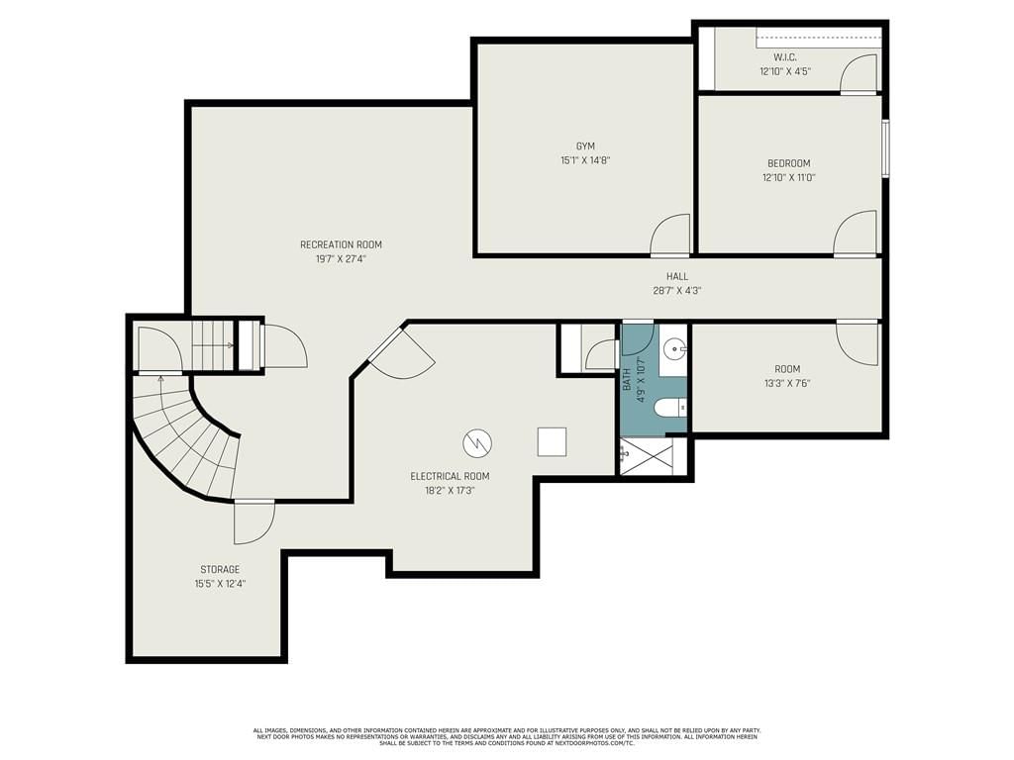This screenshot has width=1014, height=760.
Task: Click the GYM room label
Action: [x=585, y=146]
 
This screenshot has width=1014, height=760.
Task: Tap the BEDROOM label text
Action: [x=788, y=163]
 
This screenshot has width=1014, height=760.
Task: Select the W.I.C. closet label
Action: [x=785, y=57]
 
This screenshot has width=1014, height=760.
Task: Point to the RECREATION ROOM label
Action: [x=341, y=245]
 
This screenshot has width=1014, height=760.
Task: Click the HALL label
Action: [x=677, y=277]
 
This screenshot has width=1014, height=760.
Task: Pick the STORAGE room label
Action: [x=220, y=569]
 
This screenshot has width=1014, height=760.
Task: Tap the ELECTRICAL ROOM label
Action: [x=451, y=476]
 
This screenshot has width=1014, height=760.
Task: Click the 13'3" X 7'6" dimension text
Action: [x=787, y=383]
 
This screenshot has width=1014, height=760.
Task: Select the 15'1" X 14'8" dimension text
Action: [x=585, y=160]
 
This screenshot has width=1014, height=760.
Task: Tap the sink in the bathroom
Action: [x=675, y=349]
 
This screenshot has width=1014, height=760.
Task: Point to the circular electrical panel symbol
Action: [x=477, y=443]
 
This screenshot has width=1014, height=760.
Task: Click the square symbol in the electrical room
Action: [x=552, y=442]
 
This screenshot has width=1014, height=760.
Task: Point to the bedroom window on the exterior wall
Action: [x=885, y=147]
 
